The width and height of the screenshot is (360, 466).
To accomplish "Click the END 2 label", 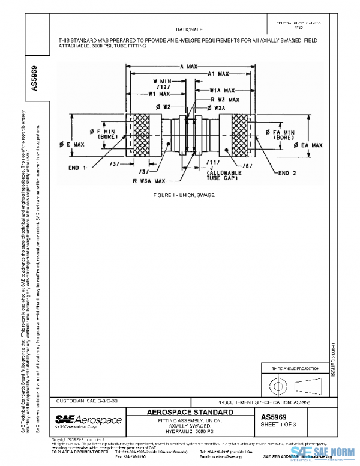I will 289,173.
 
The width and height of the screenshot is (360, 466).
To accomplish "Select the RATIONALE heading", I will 189,29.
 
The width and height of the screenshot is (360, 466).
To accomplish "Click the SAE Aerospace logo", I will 89,420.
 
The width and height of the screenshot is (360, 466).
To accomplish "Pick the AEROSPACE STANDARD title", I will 190,413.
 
